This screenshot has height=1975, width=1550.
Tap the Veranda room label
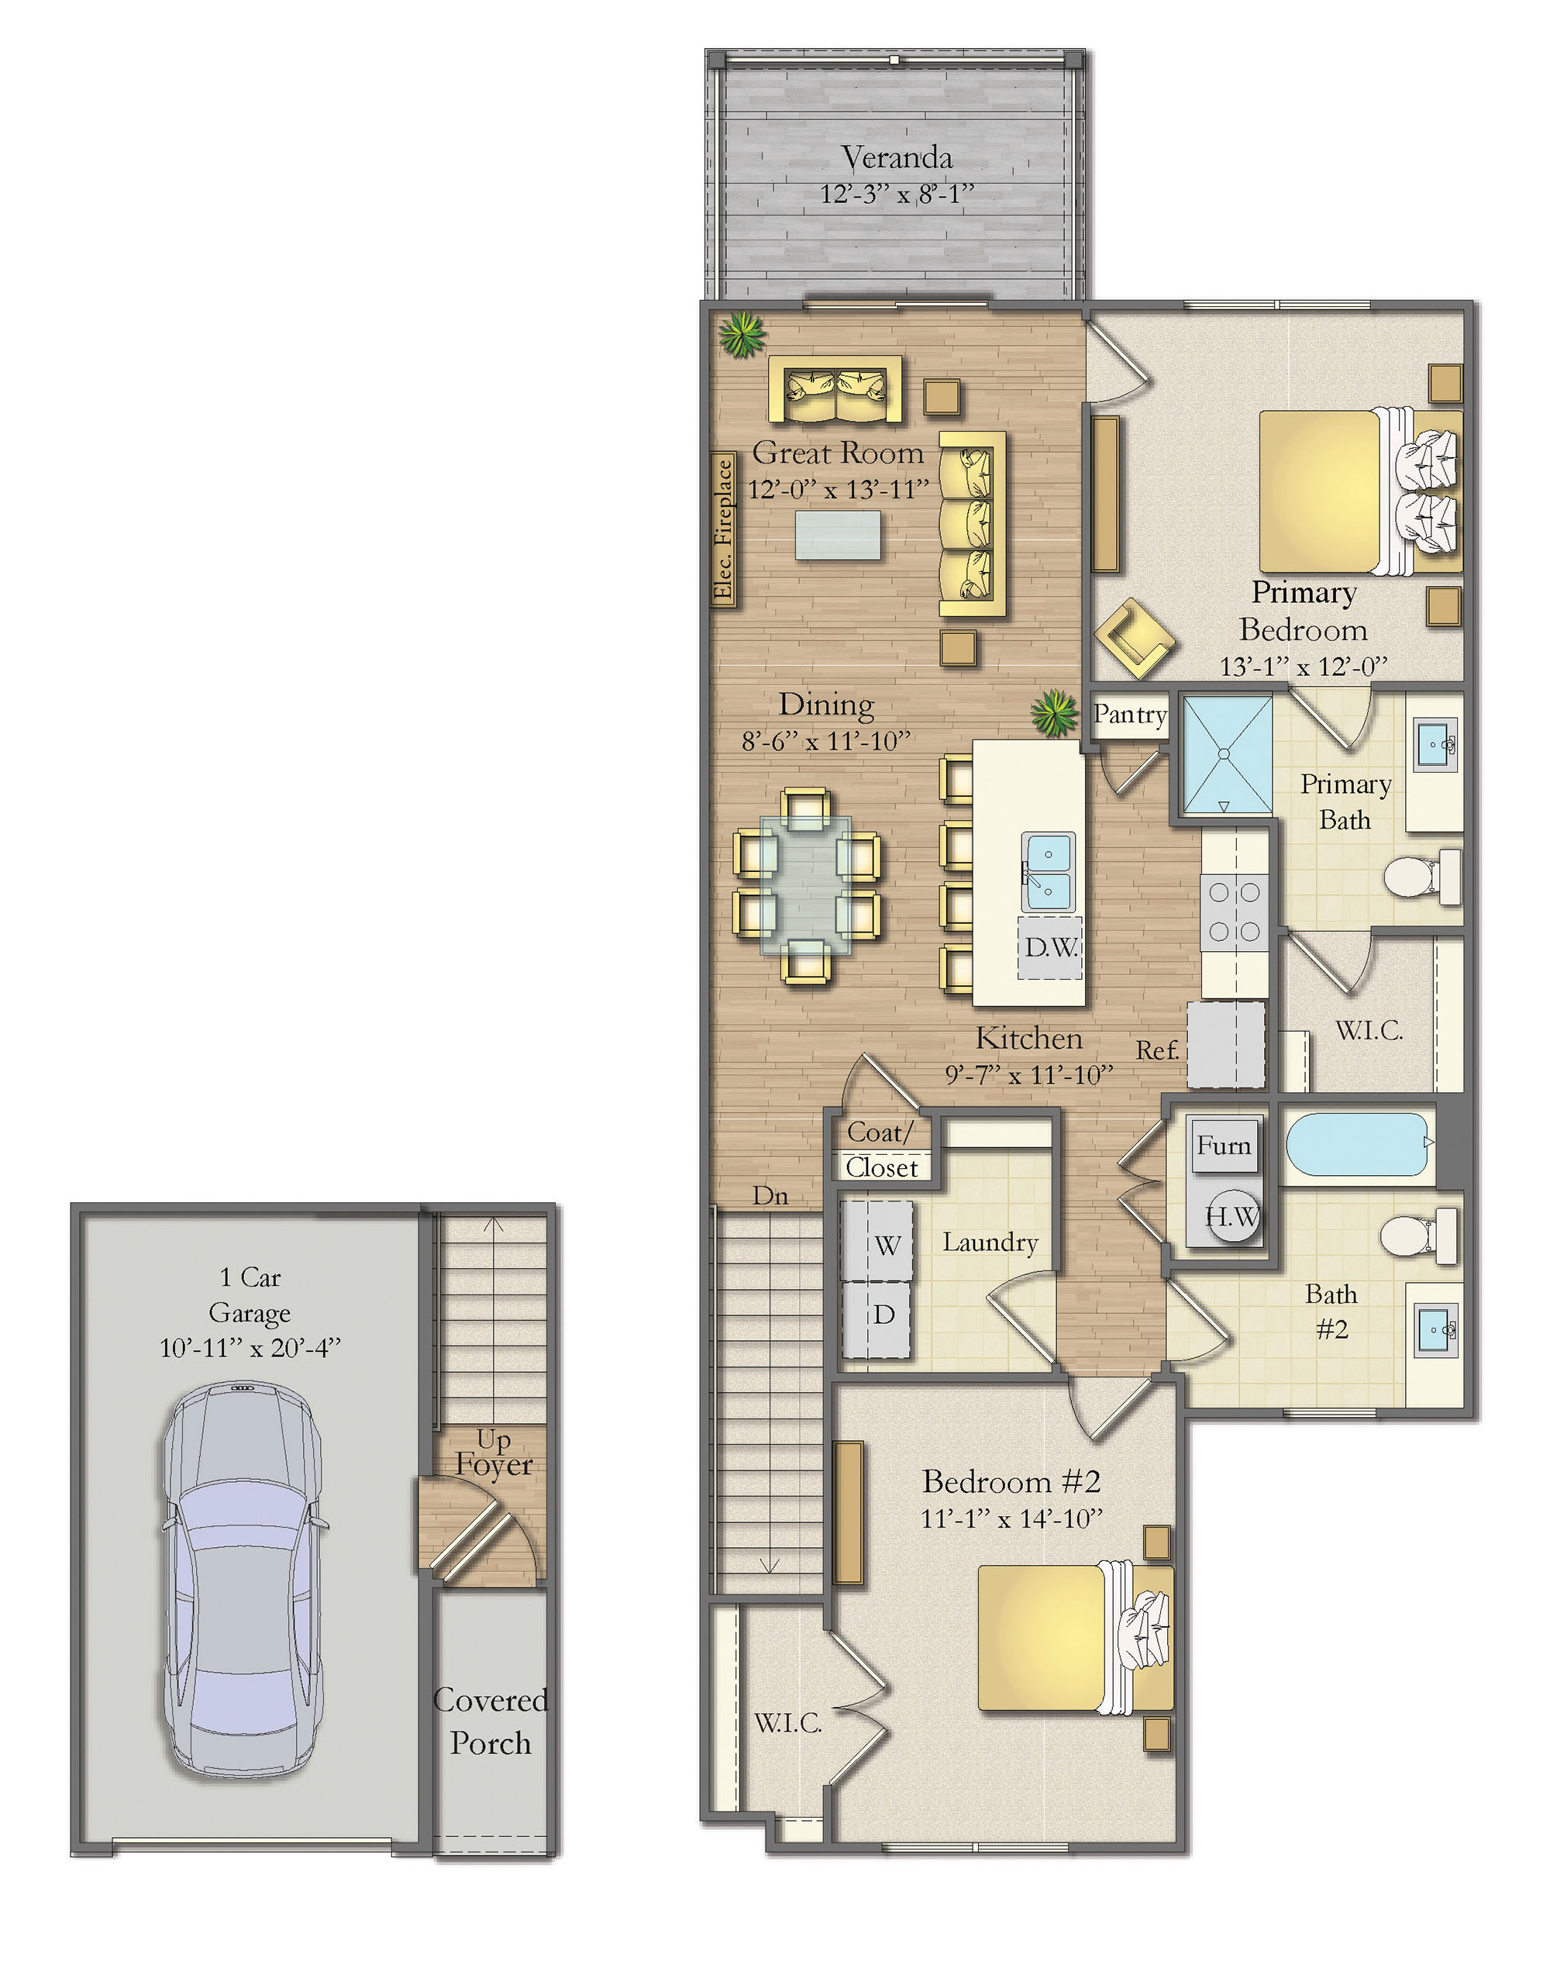pos(897,158)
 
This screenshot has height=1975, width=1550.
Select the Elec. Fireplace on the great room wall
pos(723,530)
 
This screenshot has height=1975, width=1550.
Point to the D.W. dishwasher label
pos(1051,947)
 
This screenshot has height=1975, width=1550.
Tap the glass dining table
pos(806,885)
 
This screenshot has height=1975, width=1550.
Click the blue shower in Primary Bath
pos(1226,754)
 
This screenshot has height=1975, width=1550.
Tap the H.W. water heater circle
pos(1232,1217)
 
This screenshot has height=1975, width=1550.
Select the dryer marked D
pos(877,1318)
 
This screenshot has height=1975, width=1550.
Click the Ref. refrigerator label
pos(1158,1050)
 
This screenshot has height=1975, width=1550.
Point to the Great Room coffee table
pos(838,536)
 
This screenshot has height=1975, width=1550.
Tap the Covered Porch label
pos(491,1721)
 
